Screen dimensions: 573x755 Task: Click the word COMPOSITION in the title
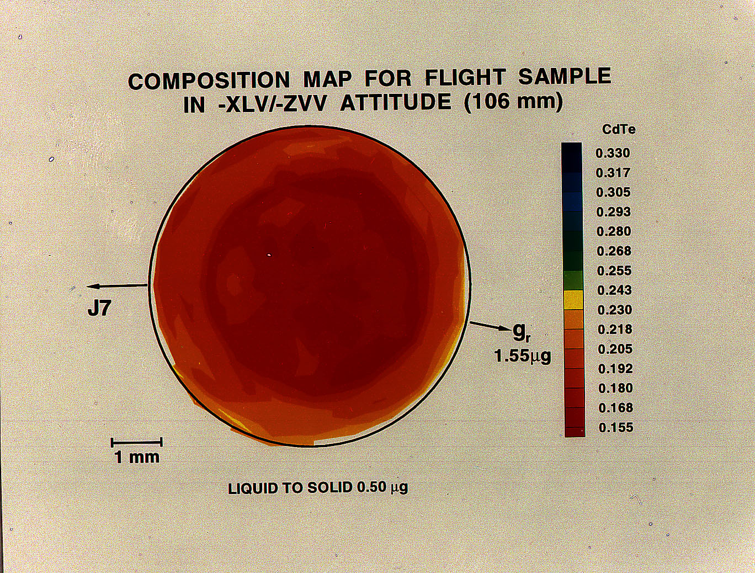click(209, 81)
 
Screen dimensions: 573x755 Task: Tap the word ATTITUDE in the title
click(395, 103)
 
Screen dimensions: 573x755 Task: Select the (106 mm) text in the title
click(513, 102)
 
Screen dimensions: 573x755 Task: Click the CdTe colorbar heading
click(619, 130)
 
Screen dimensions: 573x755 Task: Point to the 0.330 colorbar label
click(613, 153)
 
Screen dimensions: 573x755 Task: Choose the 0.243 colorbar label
click(614, 290)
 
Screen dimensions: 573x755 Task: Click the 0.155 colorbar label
click(616, 427)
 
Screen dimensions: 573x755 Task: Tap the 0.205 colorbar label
click(615, 349)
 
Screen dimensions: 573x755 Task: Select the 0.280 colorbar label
click(614, 231)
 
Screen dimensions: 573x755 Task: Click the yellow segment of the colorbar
click(573, 300)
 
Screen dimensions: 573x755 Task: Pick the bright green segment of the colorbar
click(573, 280)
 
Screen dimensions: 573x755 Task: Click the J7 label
click(99, 309)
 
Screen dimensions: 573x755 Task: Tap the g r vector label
click(522, 332)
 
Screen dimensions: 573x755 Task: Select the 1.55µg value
click(522, 356)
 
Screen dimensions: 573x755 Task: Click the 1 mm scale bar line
click(136, 442)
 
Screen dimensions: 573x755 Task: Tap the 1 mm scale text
click(136, 457)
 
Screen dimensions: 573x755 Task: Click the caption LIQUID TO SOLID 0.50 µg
click(318, 488)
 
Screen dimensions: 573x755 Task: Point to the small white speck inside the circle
click(269, 255)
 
